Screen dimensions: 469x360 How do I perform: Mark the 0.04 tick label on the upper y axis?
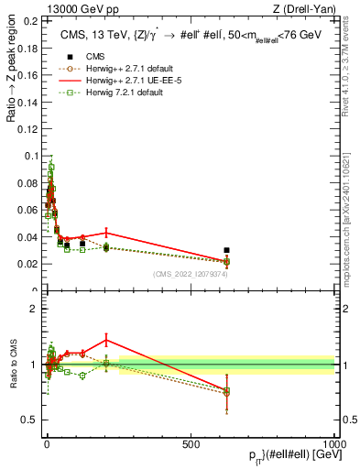27,237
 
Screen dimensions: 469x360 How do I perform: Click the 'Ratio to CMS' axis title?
14,365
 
